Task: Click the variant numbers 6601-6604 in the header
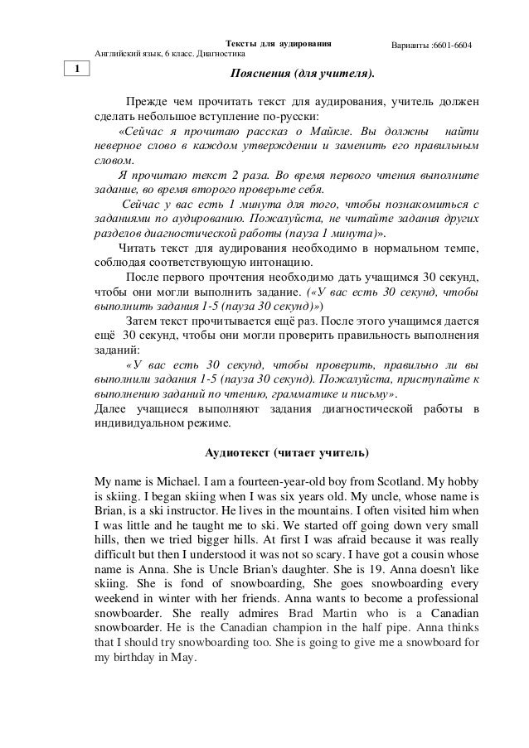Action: coord(450,42)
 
